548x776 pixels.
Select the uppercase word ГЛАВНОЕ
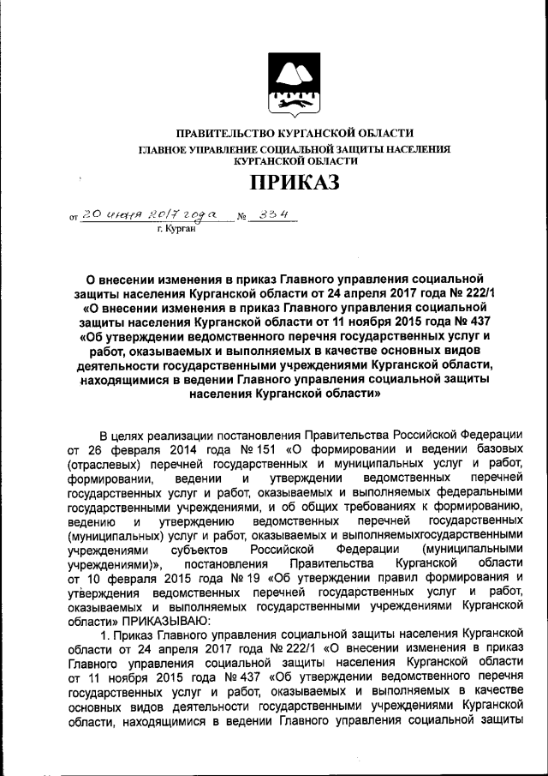coord(165,149)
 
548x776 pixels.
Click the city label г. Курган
coord(178,230)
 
